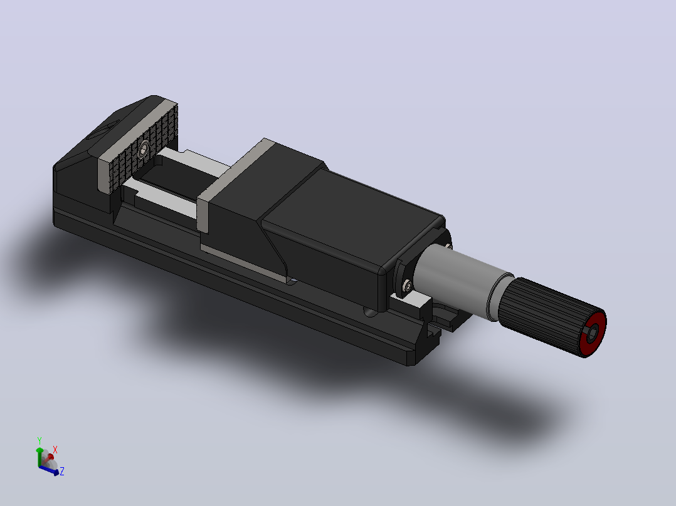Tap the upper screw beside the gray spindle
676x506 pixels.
(x=449, y=246)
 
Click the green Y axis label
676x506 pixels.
(x=40, y=440)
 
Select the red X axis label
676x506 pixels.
(x=55, y=450)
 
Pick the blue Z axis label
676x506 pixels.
(x=62, y=471)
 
